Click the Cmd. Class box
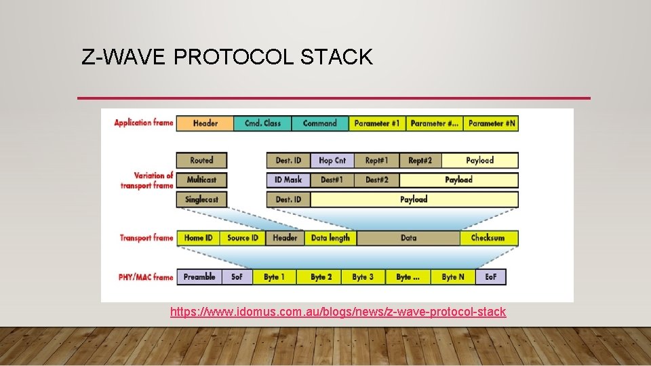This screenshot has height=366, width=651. (x=262, y=123)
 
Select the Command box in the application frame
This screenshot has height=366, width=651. (x=320, y=123)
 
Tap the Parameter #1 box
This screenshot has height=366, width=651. (x=378, y=123)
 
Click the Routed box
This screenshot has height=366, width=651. (x=201, y=161)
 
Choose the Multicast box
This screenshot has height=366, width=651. (x=201, y=180)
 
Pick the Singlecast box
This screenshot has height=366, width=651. (x=201, y=199)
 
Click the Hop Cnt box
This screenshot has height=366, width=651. (x=332, y=161)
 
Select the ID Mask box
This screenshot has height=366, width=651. (x=288, y=180)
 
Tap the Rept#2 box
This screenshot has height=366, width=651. (x=420, y=161)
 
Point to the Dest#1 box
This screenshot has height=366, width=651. (x=332, y=180)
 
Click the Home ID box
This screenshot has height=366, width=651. (x=199, y=238)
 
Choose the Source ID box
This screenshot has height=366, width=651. (x=243, y=238)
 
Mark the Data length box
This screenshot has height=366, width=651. (x=330, y=238)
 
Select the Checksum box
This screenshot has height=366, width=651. (x=488, y=238)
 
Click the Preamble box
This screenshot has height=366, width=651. (x=199, y=277)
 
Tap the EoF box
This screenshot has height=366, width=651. (x=490, y=277)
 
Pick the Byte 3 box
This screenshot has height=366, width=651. (x=363, y=277)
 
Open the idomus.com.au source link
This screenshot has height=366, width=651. (x=338, y=312)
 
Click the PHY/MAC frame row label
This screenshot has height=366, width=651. (x=144, y=277)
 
